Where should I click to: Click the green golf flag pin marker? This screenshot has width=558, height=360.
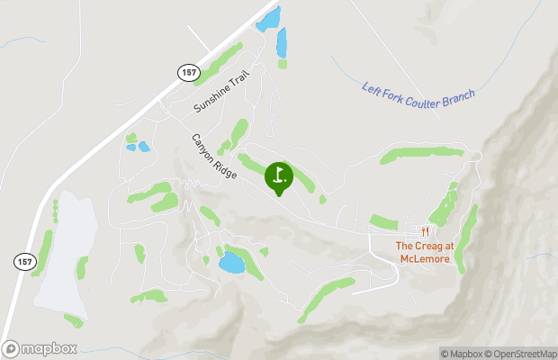279,175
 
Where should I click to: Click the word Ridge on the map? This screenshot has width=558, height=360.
225,168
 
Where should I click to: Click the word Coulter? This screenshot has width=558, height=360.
427,94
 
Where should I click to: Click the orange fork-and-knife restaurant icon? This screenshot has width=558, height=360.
423,229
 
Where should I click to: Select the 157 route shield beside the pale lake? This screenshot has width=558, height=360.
23,261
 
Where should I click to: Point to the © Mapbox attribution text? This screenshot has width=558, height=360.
463,353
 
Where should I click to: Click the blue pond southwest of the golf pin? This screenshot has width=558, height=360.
231,262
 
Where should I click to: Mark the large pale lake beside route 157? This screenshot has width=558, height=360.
65,252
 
